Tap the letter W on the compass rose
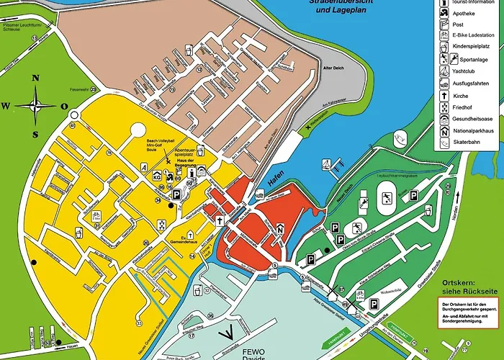5,107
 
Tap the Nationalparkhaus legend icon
444,131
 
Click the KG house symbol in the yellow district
157,176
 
